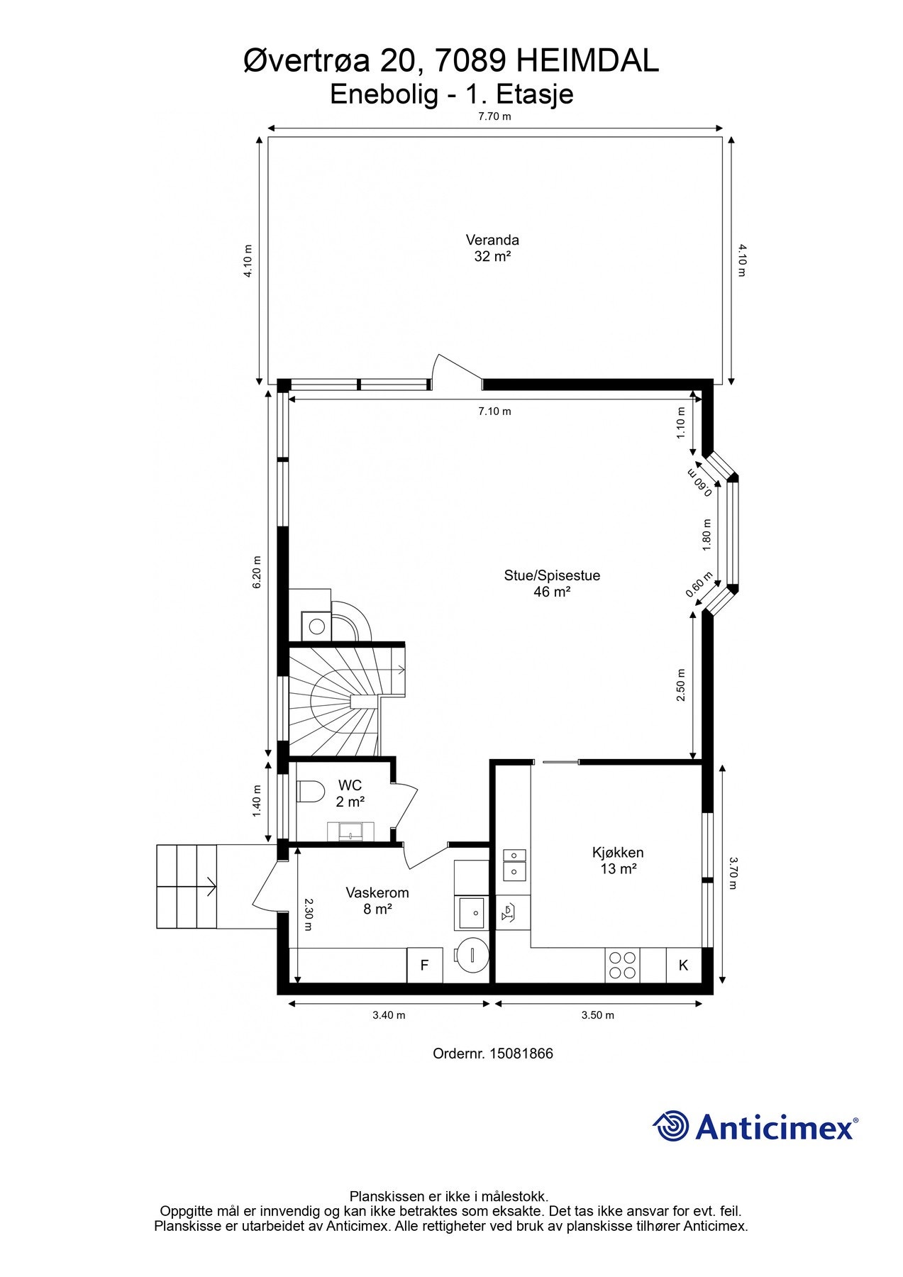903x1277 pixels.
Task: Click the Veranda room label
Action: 492,240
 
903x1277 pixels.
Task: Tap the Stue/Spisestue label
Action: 552,575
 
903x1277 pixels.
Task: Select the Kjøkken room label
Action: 618,853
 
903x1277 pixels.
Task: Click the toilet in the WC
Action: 311,791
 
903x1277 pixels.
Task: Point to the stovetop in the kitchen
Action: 622,966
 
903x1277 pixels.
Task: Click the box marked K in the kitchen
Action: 684,966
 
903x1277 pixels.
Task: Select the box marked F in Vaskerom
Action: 425,966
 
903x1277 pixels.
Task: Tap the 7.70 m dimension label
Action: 494,116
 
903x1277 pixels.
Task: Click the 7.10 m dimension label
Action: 494,411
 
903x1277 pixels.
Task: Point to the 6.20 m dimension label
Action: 257,571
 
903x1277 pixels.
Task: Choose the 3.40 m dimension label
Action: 389,1015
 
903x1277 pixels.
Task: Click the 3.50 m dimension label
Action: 597,1015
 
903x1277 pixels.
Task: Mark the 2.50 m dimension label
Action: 681,685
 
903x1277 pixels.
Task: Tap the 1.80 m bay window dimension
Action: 706,534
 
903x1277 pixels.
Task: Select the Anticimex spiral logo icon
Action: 671,1126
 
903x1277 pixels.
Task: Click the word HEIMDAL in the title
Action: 587,61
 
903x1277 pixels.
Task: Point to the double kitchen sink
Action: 514,864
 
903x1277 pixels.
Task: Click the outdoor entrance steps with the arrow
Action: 187,886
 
